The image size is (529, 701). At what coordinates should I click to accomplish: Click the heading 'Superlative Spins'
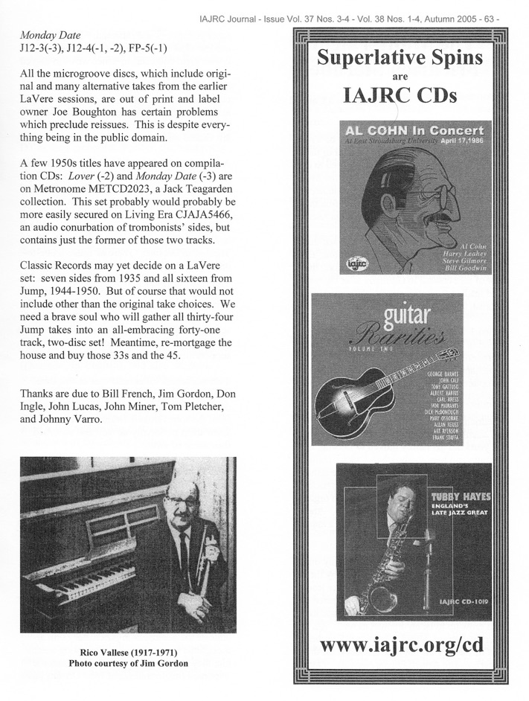400,58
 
